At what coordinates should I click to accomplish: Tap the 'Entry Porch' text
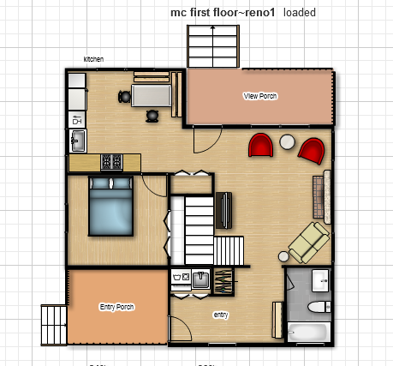pos(116,306)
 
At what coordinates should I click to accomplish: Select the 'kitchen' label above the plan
pos(93,59)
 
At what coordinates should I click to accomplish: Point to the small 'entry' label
pos(221,315)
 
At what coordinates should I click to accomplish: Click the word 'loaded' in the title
pos(300,12)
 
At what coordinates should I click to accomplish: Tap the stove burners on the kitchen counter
pos(112,160)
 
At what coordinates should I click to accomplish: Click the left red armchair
pos(260,146)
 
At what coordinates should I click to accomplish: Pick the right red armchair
pos(311,151)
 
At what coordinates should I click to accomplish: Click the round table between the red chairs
pos(288,141)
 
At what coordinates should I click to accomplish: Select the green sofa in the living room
pos(308,242)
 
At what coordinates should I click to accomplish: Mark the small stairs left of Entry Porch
pos(53,327)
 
